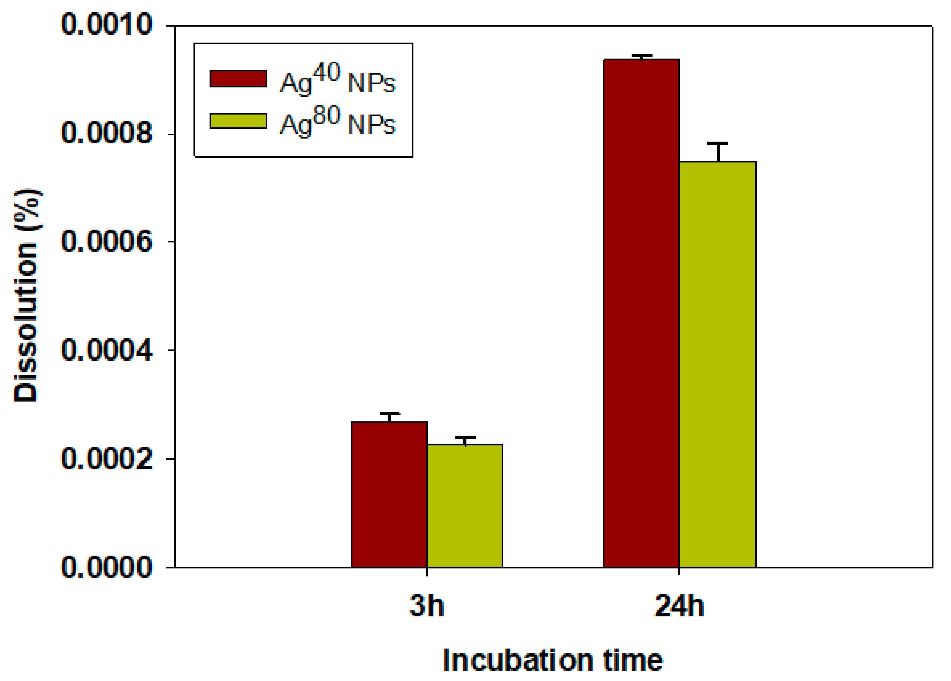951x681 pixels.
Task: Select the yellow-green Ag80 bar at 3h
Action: coord(465,506)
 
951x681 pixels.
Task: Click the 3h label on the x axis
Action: coord(426,606)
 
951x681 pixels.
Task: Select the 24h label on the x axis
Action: coord(679,606)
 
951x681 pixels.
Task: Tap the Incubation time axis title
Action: coord(553,661)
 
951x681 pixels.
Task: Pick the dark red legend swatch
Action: coord(238,79)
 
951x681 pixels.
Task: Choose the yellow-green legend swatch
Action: coord(238,121)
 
